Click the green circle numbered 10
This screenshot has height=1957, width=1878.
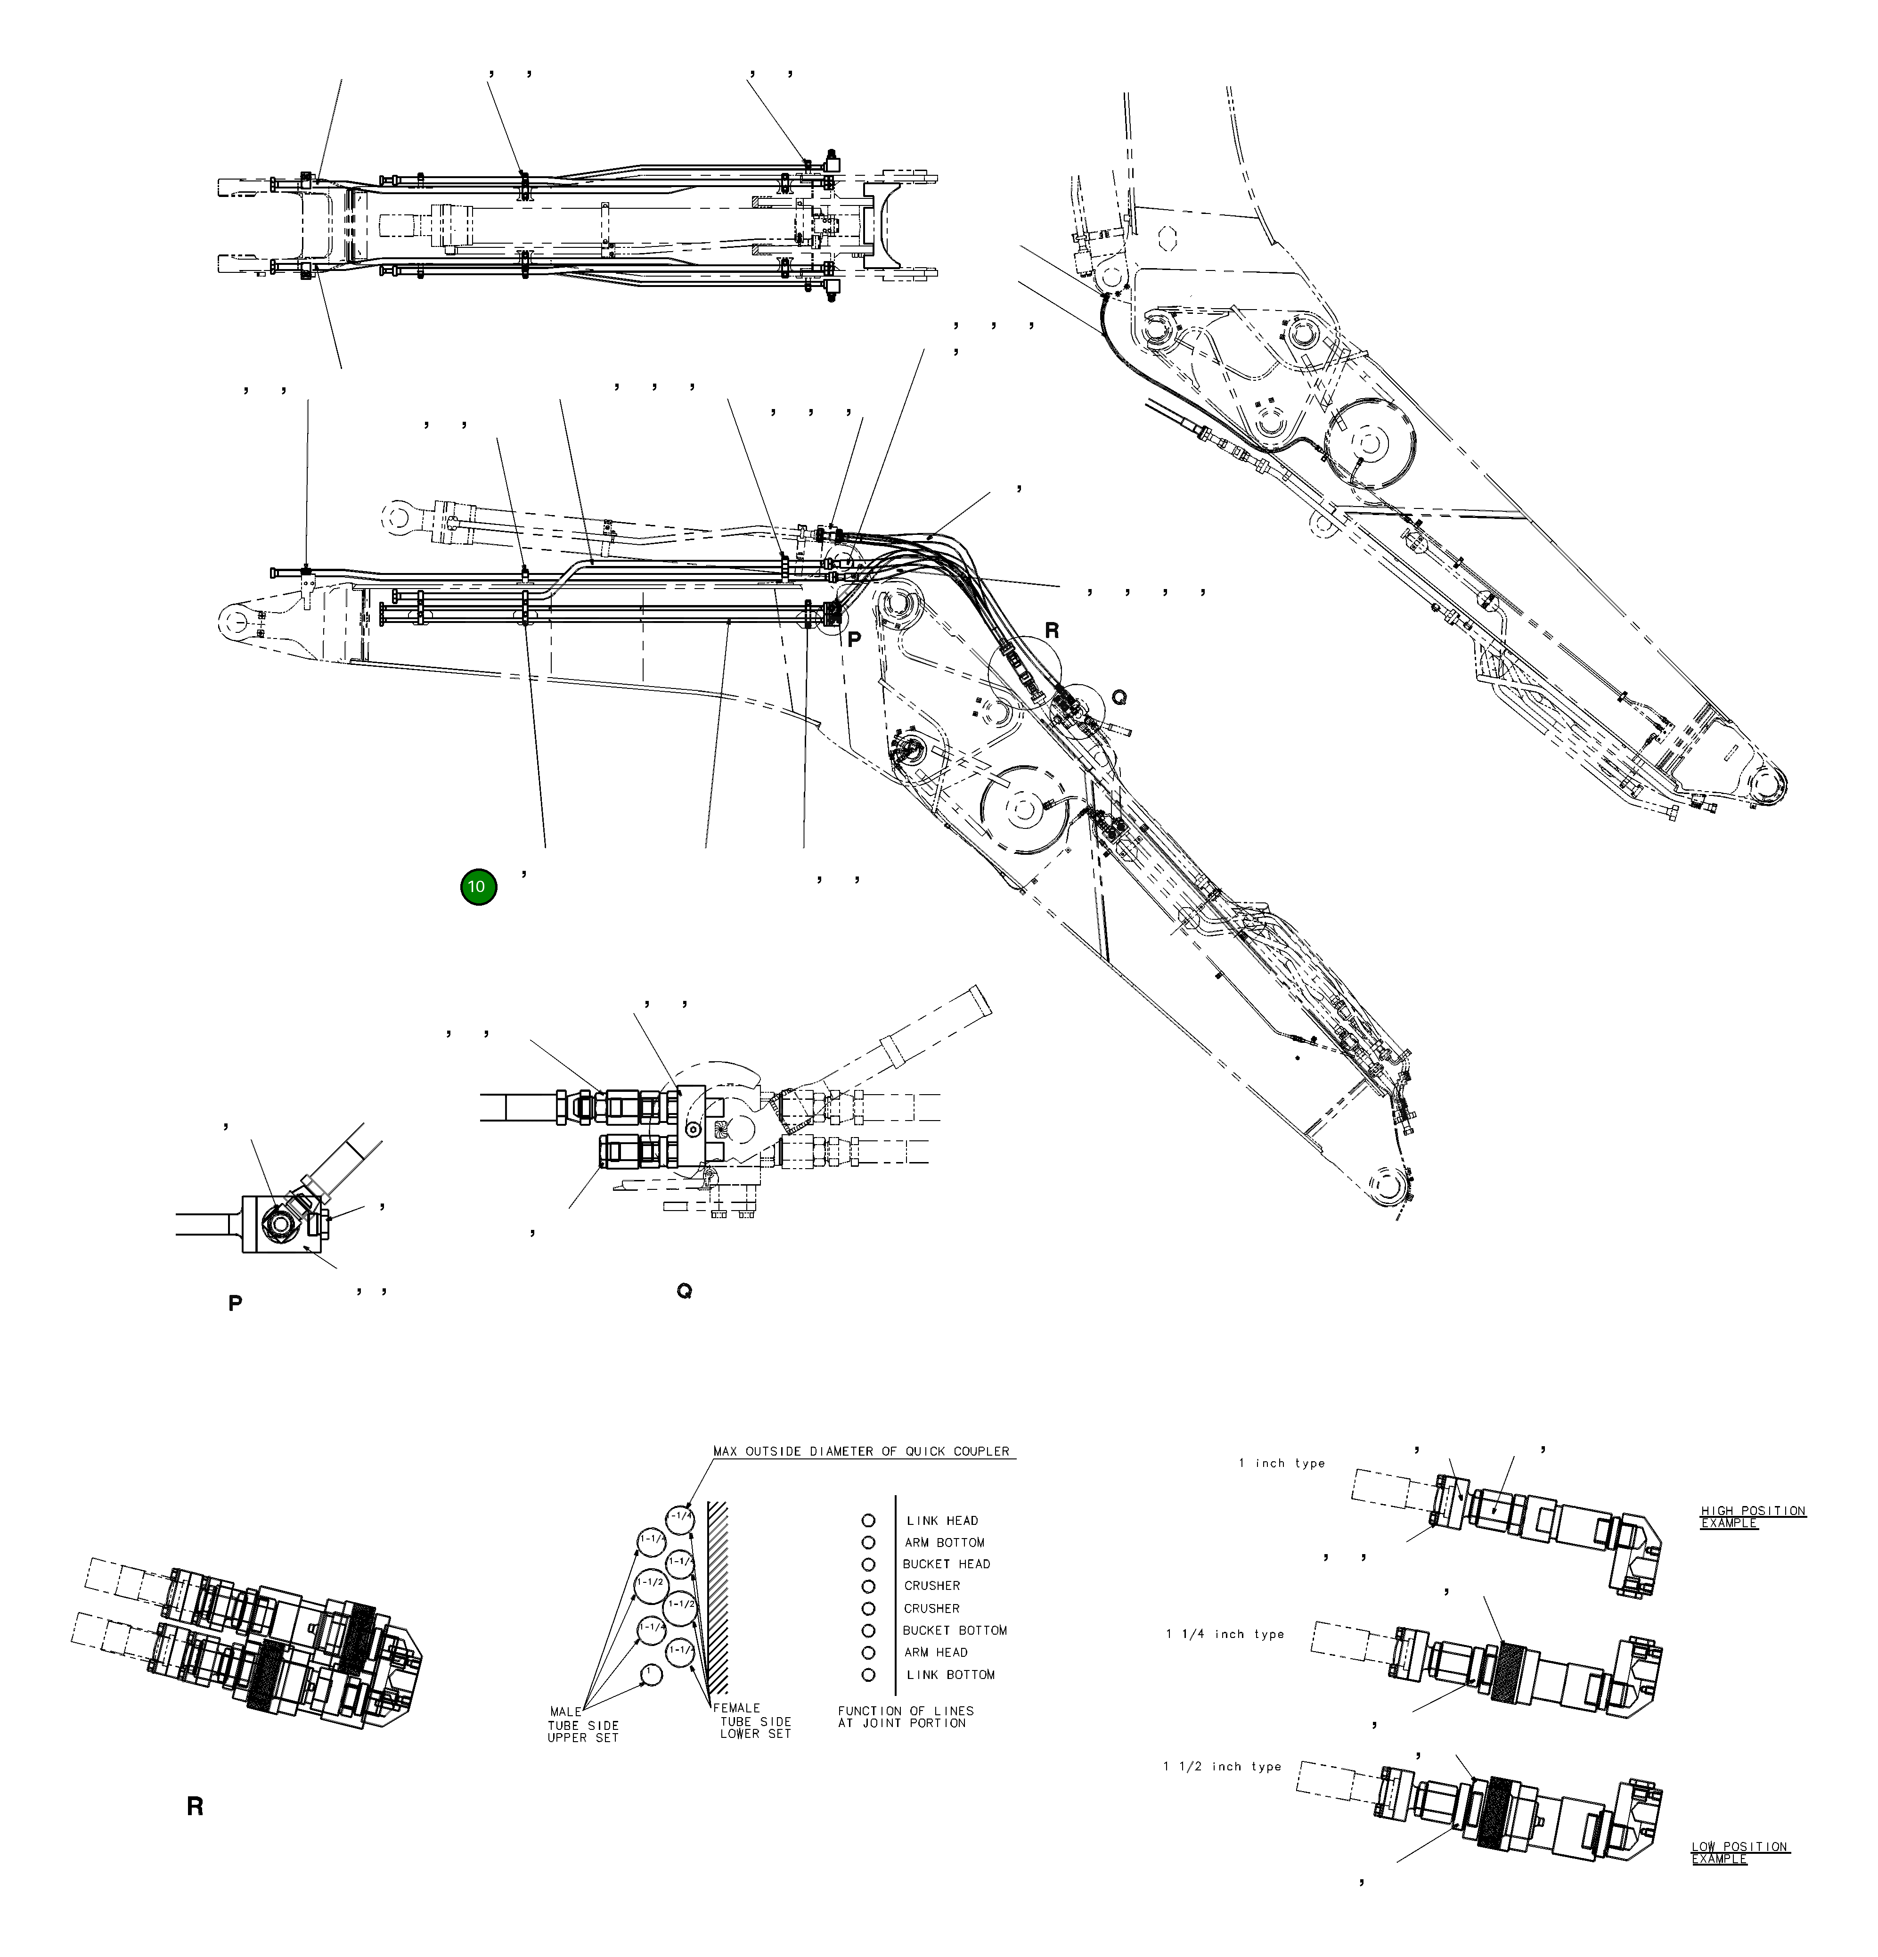tap(478, 887)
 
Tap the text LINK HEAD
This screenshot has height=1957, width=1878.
tap(941, 1521)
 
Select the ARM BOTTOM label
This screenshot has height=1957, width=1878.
tap(944, 1543)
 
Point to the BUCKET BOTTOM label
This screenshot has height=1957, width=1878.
tap(955, 1630)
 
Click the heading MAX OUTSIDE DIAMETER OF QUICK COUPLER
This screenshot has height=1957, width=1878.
tap(861, 1451)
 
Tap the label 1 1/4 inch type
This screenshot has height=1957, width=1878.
tap(1225, 1635)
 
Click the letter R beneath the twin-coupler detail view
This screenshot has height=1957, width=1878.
tap(195, 1805)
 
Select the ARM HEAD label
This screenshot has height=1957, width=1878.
tap(936, 1653)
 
